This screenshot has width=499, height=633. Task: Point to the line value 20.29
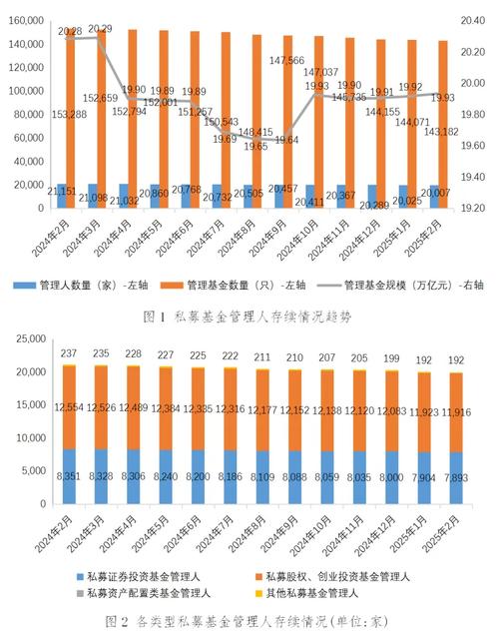(100, 29)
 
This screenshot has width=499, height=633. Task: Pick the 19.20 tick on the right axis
(474, 208)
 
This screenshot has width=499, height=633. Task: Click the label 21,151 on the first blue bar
(70, 191)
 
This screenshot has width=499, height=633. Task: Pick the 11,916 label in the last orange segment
(443, 411)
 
